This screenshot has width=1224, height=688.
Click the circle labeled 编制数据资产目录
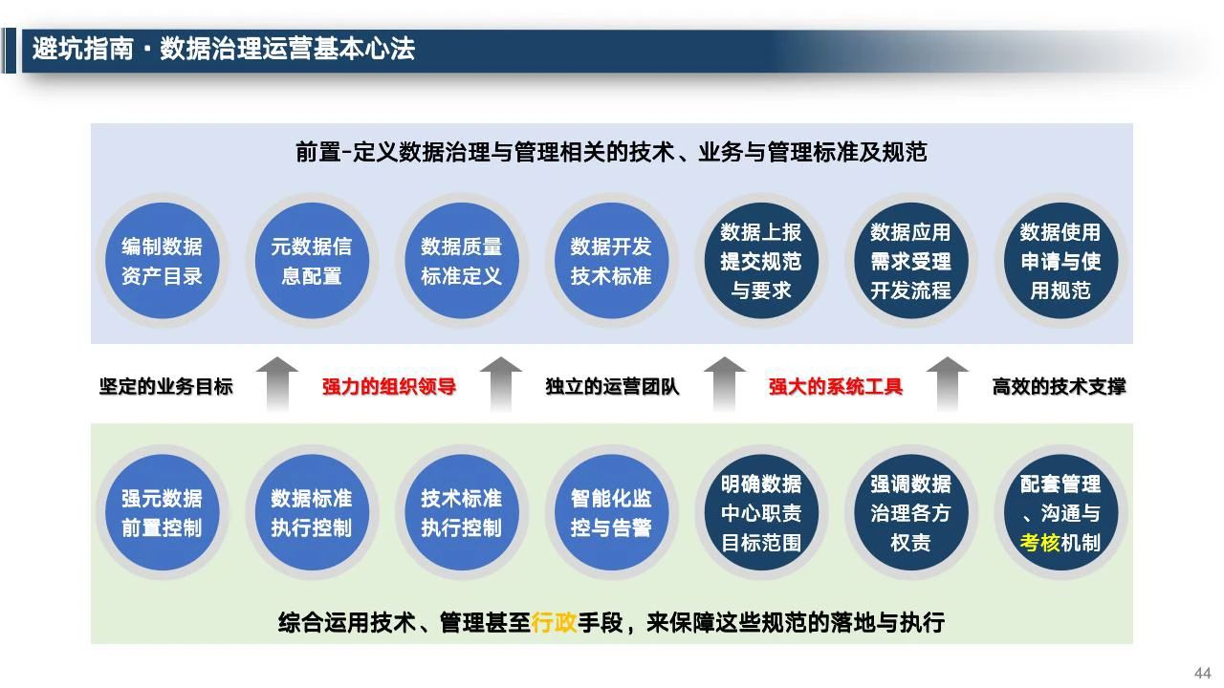[162, 261]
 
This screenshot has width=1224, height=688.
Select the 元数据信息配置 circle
[312, 261]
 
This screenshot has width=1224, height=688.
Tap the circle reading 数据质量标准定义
[461, 261]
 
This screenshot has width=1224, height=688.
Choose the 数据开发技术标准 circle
[611, 261]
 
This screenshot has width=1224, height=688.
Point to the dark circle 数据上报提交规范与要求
[760, 261]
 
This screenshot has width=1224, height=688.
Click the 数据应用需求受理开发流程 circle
[910, 261]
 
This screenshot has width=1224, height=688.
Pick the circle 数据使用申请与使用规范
[1060, 261]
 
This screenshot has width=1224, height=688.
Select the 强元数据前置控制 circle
[162, 513]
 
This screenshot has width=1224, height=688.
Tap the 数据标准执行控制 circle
[312, 513]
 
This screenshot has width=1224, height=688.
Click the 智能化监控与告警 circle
[611, 513]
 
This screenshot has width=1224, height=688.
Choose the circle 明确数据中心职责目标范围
[760, 513]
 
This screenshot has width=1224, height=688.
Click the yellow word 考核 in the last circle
[1039, 543]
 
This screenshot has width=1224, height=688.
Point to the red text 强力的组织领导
[389, 387]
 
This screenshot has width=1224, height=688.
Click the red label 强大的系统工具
[836, 387]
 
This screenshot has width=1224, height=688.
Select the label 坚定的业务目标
[166, 387]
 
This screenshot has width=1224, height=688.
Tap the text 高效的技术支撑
[1059, 387]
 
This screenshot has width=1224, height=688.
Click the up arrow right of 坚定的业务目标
[277, 384]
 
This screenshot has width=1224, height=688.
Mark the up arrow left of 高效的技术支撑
[948, 384]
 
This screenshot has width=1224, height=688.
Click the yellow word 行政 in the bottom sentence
[554, 622]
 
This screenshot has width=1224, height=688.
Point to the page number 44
[1203, 673]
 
